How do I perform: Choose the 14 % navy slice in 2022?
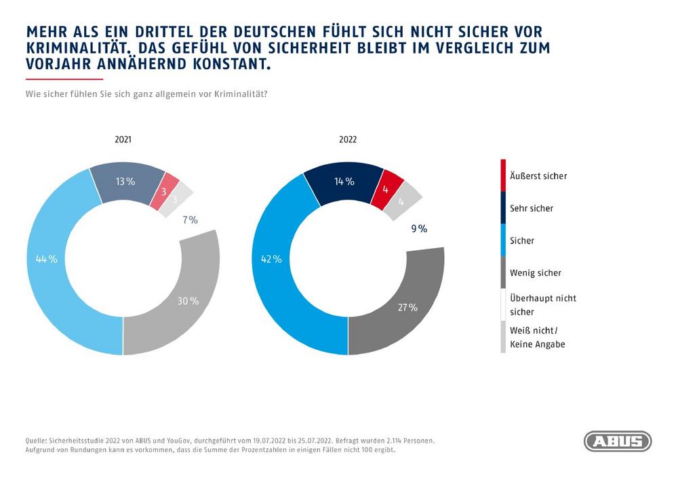pos(344,181)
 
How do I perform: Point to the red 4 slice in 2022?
pos(386,188)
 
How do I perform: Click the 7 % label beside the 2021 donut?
pos(190,220)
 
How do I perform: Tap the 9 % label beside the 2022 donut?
pos(419,229)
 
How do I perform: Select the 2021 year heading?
pos(123,140)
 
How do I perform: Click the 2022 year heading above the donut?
pos(347,140)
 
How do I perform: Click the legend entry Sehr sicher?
pos(532,208)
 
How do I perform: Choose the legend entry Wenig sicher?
pos(535,273)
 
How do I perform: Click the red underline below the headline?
pos(54,79)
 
